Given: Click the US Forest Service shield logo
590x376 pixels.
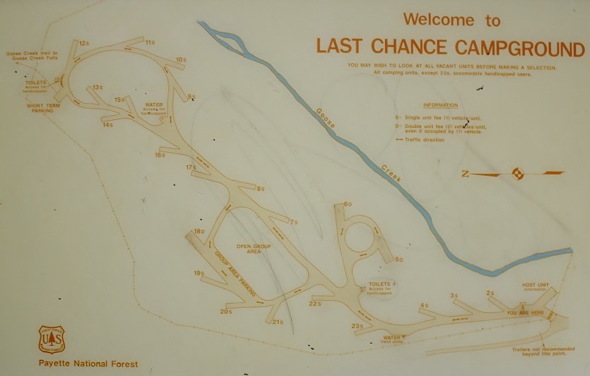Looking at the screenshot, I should (x=51, y=340).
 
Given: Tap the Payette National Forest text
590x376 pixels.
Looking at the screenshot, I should (x=88, y=365).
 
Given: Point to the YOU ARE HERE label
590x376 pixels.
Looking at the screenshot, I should (x=524, y=312).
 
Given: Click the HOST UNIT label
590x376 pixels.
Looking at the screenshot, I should (x=536, y=285).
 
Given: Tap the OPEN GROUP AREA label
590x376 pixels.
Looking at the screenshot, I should (x=249, y=248).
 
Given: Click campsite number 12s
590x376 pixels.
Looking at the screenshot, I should (x=83, y=43).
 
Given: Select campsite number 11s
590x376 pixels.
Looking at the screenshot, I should (x=150, y=42).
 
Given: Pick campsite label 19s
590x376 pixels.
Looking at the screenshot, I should (x=199, y=273).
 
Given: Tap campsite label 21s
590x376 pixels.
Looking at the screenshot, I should (x=277, y=323).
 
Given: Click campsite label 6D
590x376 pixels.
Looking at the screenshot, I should (x=347, y=204).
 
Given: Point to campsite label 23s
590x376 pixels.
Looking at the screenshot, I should (x=357, y=327).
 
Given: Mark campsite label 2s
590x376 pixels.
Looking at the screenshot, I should (x=490, y=293).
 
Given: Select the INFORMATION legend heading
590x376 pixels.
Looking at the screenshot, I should (x=441, y=105).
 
